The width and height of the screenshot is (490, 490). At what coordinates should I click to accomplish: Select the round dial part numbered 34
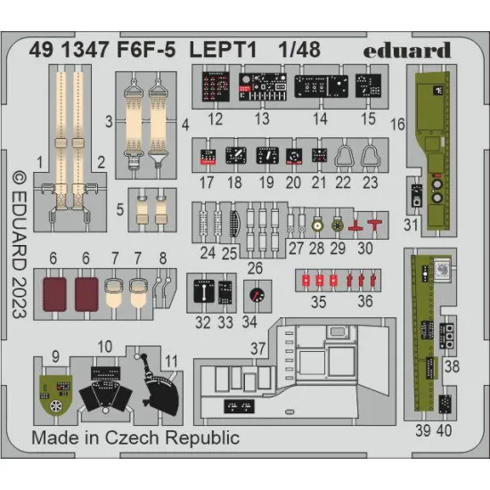pyautogui.click(x=257, y=294)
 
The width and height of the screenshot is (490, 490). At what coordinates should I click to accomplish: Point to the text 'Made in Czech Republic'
pyautogui.click(x=135, y=437)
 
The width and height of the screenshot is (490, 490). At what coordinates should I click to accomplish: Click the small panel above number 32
pyautogui.click(x=204, y=291)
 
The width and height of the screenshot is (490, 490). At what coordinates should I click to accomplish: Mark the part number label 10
pyautogui.click(x=105, y=346)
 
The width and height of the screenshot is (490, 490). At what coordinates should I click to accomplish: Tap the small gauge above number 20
pyautogui.click(x=295, y=157)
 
